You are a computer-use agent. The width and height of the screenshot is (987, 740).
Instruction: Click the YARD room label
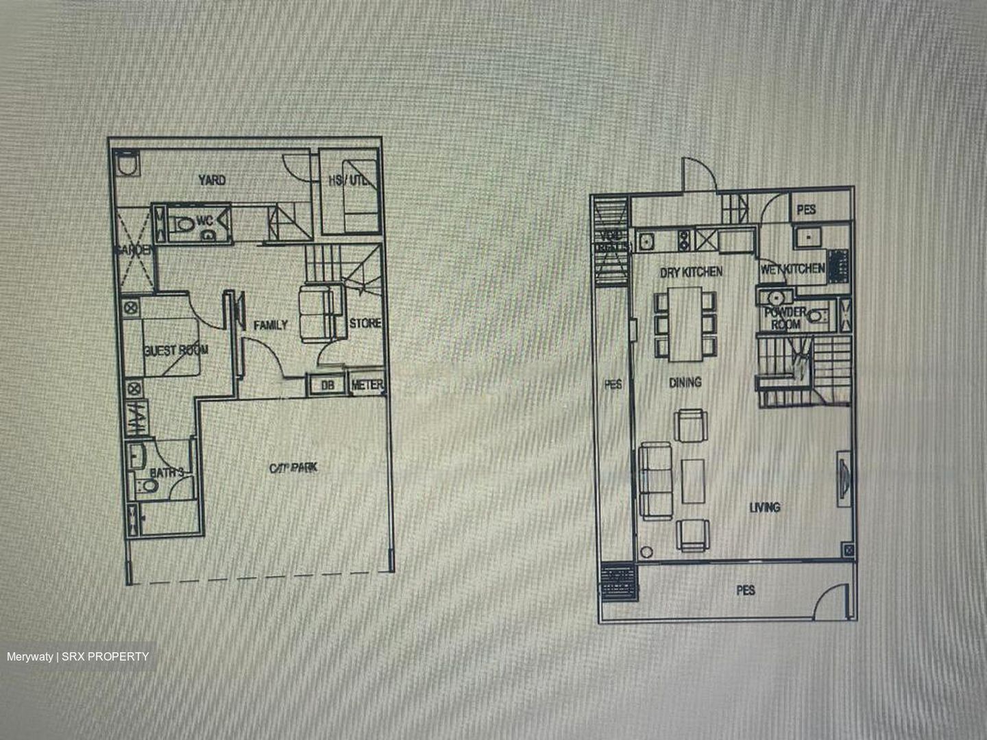(x=212, y=180)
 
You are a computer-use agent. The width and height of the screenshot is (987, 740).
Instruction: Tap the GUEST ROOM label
(x=176, y=350)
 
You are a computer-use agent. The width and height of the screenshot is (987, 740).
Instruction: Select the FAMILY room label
(x=270, y=325)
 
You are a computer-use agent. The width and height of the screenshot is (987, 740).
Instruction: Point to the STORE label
(x=365, y=323)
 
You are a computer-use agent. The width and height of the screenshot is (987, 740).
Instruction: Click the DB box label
(x=328, y=386)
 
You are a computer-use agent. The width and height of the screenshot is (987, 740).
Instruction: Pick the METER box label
(x=367, y=386)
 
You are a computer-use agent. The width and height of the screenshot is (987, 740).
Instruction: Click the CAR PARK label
(x=293, y=469)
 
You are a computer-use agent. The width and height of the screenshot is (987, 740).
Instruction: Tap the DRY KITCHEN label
(x=691, y=272)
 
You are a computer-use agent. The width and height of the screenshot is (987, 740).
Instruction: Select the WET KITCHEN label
(x=792, y=269)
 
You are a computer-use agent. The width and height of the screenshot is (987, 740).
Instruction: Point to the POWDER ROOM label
(x=785, y=318)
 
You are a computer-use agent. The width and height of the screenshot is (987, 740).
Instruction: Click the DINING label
(x=685, y=383)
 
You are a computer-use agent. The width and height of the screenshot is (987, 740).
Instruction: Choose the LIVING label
(x=765, y=507)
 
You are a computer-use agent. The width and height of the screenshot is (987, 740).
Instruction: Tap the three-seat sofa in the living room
(x=655, y=480)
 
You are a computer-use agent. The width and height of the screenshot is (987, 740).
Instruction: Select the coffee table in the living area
(x=693, y=480)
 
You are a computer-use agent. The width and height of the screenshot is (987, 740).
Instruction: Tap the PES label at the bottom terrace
(x=746, y=590)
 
